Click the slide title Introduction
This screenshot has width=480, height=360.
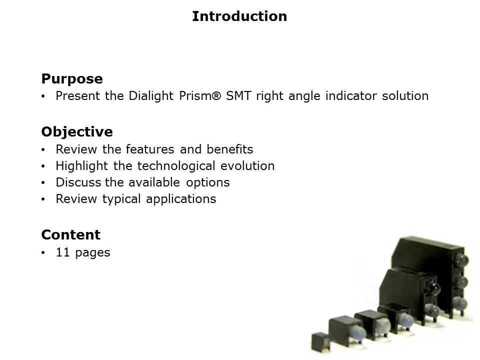tap(239, 16)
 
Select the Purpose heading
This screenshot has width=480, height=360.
tap(72, 79)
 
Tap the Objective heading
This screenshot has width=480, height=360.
tap(77, 132)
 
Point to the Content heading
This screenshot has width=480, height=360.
tap(70, 235)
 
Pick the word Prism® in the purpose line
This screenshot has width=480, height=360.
tap(200, 96)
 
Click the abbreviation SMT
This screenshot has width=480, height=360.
tap(238, 96)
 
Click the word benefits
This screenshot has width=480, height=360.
tap(230, 149)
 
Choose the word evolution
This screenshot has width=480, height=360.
tap(247, 166)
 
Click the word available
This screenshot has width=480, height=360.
tap(154, 182)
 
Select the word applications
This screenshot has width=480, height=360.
tap(181, 199)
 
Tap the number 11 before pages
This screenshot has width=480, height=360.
tap(63, 252)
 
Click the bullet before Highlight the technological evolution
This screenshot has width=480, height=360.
tap(43, 166)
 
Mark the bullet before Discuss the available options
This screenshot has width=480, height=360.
tap(43, 183)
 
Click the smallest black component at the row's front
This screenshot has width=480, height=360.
tap(320, 342)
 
